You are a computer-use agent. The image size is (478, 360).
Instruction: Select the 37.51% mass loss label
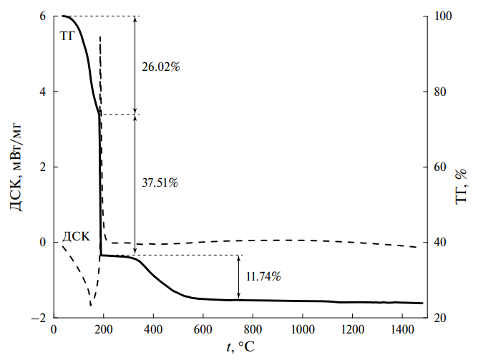pos(161,183)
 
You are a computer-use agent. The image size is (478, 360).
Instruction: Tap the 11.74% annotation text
pos(263,276)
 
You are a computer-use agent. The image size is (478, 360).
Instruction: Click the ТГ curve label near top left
pos(68,35)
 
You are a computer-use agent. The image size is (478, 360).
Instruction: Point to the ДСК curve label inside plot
pos(76,235)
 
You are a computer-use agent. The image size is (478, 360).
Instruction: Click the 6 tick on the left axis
pos(43,16)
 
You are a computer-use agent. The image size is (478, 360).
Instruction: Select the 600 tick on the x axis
pos(203,330)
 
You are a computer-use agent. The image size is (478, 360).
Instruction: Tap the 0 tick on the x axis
pos(54,330)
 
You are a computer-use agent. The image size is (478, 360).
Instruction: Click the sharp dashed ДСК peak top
pos(100,37)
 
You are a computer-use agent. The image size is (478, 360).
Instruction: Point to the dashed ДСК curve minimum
pos(91,306)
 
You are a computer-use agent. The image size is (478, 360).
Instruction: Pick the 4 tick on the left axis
pos(43,92)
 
